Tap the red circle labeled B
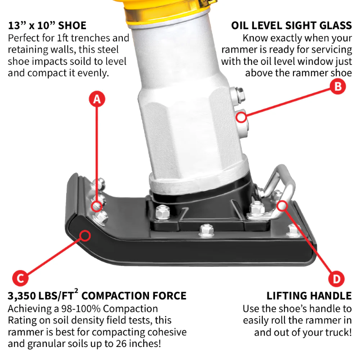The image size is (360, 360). (x=338, y=86)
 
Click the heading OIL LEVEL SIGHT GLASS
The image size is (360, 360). (x=291, y=25)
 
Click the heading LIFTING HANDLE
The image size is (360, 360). (x=309, y=296)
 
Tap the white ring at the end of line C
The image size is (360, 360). (x=84, y=234)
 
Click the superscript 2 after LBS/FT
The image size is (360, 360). (x=76, y=291)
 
